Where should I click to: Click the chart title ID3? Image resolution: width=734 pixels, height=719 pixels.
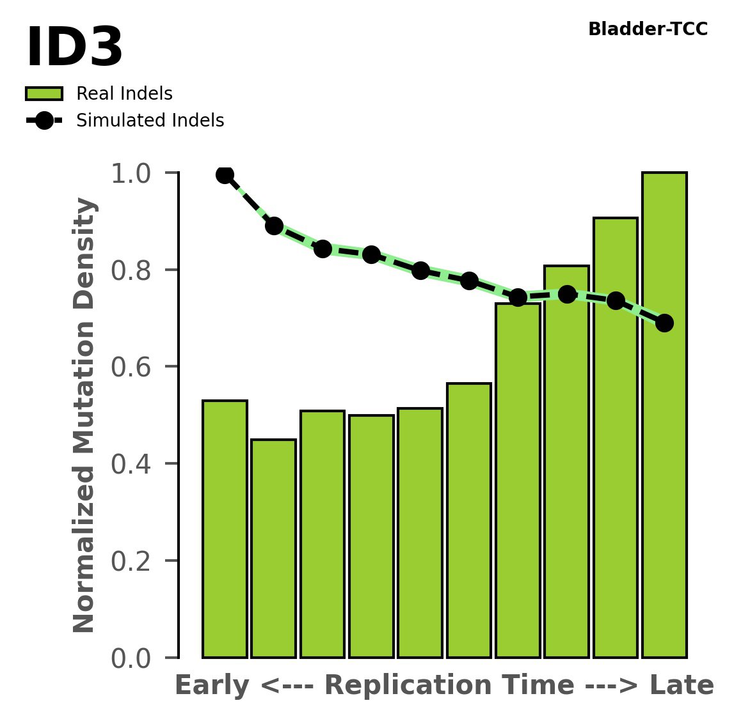[x=74, y=49]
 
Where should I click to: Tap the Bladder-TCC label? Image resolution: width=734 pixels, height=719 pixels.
[x=647, y=29]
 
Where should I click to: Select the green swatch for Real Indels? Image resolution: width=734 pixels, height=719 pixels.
[x=44, y=94]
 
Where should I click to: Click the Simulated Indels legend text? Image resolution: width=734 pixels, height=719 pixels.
[x=150, y=121]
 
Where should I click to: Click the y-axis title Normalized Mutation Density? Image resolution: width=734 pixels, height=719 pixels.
[x=84, y=415]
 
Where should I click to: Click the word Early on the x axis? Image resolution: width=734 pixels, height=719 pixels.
[x=212, y=686]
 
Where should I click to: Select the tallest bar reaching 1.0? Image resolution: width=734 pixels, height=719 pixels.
[x=664, y=415]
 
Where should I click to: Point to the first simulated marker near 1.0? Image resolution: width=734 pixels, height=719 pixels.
[x=225, y=174]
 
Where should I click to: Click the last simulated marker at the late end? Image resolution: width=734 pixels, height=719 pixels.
[x=664, y=323]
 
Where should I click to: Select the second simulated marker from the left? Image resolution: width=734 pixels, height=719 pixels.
[x=274, y=226]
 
